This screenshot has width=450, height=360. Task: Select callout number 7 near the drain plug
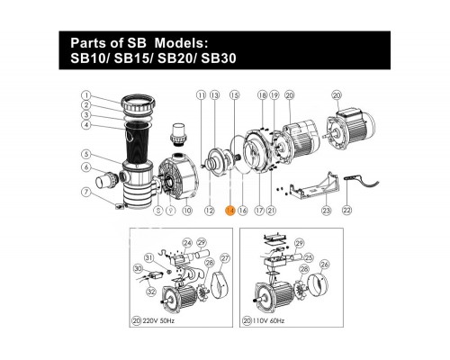(x=85, y=192)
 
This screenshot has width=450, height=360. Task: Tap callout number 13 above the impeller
(x=215, y=94)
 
